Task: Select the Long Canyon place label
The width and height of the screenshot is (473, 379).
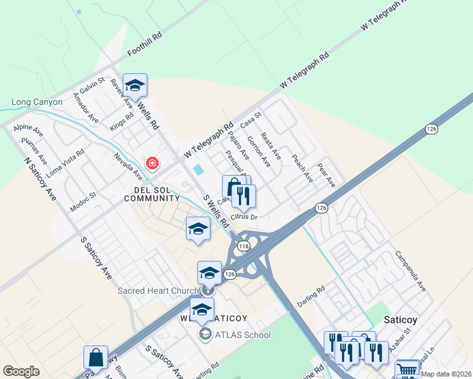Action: (37, 102)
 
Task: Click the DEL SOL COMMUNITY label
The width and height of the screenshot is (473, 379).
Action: (152, 193)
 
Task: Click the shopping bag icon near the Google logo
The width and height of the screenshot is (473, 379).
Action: (95, 358)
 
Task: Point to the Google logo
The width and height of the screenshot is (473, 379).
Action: (21, 371)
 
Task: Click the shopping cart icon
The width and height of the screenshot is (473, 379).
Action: (407, 370)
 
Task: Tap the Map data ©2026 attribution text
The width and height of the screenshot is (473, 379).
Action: (446, 374)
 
